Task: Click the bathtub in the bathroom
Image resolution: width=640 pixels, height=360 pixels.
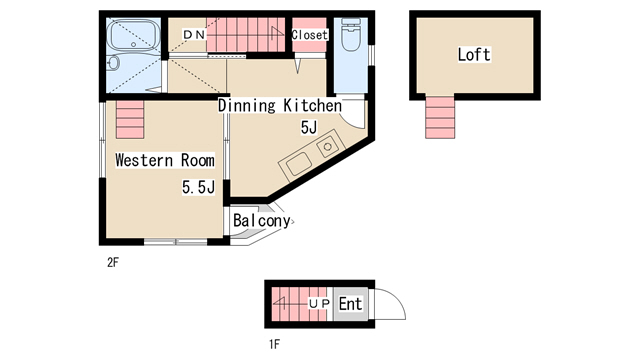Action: [133, 36]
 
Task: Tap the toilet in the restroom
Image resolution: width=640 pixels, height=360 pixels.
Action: [351, 34]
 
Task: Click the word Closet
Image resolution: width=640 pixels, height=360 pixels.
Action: [309, 35]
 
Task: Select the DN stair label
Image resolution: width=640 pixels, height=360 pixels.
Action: [194, 35]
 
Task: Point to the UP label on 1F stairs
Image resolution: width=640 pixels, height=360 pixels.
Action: [319, 304]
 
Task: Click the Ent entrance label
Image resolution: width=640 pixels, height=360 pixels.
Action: [350, 304]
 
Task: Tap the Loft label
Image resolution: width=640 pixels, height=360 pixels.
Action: [473, 55]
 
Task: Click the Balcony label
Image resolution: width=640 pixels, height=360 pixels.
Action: [262, 221]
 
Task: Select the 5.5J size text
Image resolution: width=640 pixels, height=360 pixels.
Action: [198, 187]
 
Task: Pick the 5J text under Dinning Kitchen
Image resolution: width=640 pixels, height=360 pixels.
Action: [309, 127]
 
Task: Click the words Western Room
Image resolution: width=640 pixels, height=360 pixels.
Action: [165, 160]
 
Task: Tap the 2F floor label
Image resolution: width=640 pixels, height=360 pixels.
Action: [113, 262]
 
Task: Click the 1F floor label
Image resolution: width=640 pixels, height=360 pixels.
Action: [274, 344]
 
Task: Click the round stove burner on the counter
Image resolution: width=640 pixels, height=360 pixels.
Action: [327, 146]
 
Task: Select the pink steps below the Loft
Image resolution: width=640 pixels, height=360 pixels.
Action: [440, 117]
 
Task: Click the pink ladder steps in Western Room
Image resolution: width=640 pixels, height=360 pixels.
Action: [130, 120]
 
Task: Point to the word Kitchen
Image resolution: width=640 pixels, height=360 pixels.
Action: [313, 106]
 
